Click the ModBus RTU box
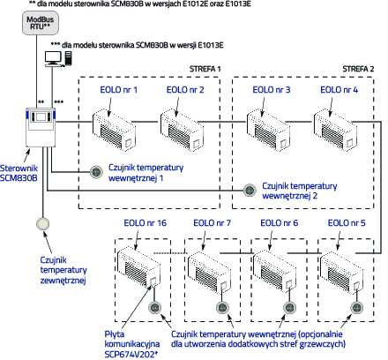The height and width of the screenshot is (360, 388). [41, 23]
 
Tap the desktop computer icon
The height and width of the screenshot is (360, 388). [58, 59]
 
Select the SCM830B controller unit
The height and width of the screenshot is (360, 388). [41, 127]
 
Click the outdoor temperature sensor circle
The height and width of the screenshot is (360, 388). [42, 224]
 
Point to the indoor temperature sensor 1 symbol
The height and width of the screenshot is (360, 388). [96, 172]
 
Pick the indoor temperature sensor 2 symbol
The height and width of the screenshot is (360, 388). [250, 191]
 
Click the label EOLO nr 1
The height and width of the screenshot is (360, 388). [119, 90]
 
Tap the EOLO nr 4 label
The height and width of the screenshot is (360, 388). [339, 90]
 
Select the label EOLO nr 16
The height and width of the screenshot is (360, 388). [145, 223]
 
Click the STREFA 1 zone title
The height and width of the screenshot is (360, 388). [205, 69]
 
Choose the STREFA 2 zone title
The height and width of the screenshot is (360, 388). [358, 69]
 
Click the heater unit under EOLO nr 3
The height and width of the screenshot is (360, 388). [268, 130]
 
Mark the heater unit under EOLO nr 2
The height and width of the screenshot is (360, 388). [182, 130]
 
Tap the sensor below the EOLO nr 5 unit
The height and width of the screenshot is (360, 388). [357, 308]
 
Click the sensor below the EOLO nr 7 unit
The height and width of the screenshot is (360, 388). [222, 308]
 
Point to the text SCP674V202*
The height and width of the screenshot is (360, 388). [131, 354]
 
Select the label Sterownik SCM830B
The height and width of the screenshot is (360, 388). [19, 173]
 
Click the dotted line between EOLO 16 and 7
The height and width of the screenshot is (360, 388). [171, 253]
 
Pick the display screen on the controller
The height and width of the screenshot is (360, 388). [41, 116]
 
